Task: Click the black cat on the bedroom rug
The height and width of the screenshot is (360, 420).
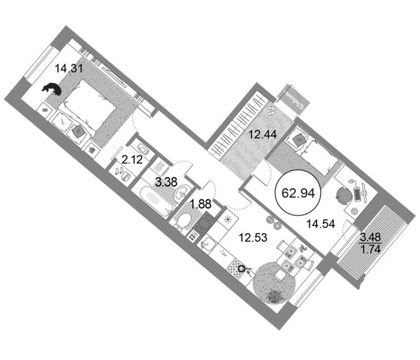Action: click(52, 89)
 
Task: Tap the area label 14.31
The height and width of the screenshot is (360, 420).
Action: click(69, 68)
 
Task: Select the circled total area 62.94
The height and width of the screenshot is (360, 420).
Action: click(298, 193)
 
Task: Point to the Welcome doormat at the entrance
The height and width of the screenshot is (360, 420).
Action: click(294, 100)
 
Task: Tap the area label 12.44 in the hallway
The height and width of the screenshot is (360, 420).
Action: click(263, 134)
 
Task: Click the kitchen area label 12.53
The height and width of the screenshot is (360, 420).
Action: click(253, 238)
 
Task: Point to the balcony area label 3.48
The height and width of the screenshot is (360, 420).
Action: click(371, 237)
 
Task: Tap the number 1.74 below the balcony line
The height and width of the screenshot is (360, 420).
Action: click(371, 249)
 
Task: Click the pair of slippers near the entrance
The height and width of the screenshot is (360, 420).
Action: click(272, 110)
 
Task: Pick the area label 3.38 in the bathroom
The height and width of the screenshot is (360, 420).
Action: click(167, 182)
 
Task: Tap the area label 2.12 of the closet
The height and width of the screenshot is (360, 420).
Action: click(132, 160)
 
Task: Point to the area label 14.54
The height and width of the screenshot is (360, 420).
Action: click(321, 224)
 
